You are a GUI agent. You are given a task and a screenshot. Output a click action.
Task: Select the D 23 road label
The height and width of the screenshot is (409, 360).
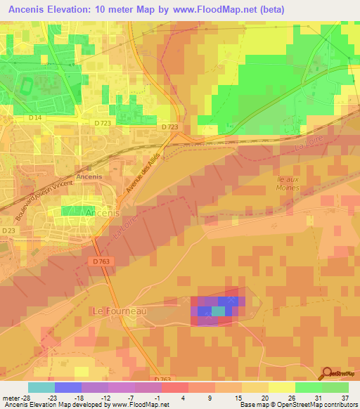[x=8, y=231]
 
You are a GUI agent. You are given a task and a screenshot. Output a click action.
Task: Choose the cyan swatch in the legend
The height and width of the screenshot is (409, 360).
[x=41, y=387]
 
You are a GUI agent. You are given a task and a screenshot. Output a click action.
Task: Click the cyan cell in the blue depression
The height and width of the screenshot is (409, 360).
[x=219, y=311]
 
